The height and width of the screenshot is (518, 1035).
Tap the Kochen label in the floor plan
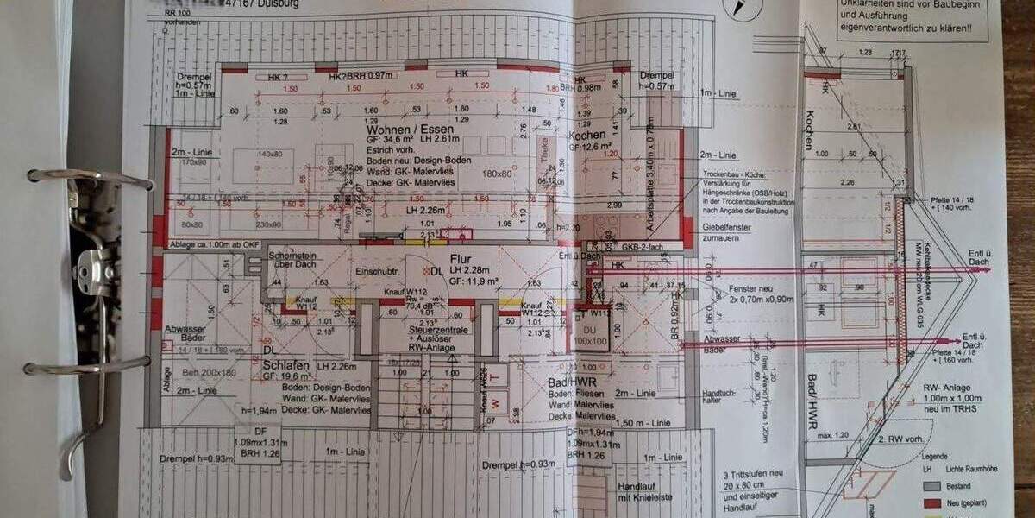point(586,136)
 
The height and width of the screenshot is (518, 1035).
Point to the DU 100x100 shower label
point(590,337)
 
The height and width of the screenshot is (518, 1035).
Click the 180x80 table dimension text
point(497,174)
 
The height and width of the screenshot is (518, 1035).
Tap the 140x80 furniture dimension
point(270,154)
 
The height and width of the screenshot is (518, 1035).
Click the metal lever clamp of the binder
point(91,263)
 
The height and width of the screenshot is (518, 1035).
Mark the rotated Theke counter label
point(543,153)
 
